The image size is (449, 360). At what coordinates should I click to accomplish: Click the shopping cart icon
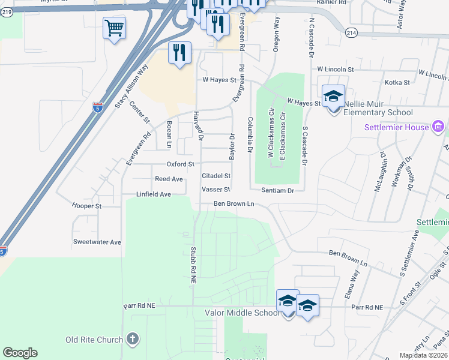pos(114,28)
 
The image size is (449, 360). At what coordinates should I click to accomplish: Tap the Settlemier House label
pos(397,127)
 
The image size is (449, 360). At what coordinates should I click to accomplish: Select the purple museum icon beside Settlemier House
pos(438,127)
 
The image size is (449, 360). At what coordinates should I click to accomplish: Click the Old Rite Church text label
pos(94,340)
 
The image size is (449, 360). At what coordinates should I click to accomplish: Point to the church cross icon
pos(133,340)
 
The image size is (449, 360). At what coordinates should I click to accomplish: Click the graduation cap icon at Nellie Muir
pos(333,96)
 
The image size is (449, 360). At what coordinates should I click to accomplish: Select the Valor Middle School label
pos(242,313)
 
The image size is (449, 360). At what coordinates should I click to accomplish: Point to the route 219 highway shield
pos(7,12)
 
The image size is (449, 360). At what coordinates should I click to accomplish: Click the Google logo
pos(20,353)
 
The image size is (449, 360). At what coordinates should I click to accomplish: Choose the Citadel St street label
pos(216,176)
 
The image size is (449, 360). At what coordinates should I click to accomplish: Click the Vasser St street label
pos(216,189)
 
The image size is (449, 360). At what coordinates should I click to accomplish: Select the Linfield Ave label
pos(154,194)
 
